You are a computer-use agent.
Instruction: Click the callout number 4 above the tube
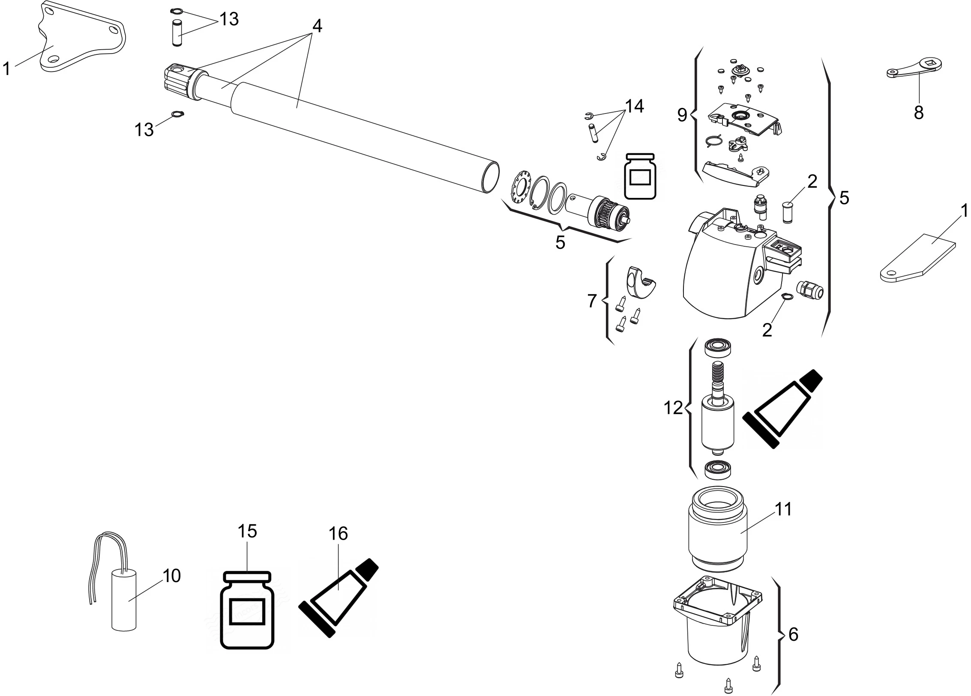click(317, 26)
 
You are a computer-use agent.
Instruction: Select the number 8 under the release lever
click(918, 113)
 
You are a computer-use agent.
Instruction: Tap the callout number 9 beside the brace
click(682, 115)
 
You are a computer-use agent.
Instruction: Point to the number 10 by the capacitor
click(172, 576)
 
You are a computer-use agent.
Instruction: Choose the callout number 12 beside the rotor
click(673, 408)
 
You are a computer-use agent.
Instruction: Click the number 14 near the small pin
click(634, 106)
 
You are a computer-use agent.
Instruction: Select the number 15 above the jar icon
click(247, 531)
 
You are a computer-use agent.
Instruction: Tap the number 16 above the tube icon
click(338, 534)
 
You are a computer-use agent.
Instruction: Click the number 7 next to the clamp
click(592, 301)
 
